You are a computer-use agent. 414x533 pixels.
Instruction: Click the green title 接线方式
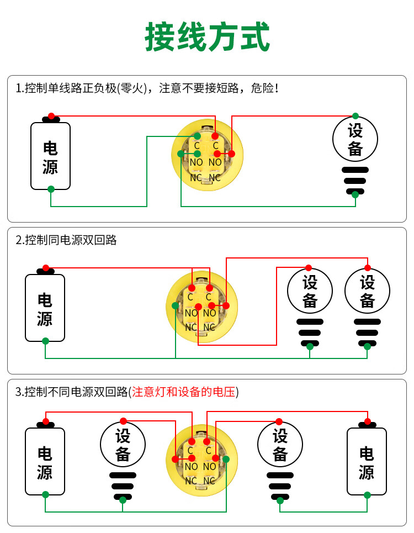point(207,37)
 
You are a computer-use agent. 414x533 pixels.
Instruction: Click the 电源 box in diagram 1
point(50,156)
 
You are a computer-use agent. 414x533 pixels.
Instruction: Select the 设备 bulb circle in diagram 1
point(355,140)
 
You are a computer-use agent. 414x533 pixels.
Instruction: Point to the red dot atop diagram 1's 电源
point(51,116)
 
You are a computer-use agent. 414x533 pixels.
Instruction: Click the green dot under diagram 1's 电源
point(51,189)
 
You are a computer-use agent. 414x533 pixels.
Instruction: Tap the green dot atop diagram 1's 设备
point(355,116)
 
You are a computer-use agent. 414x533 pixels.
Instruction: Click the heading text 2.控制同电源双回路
point(66,240)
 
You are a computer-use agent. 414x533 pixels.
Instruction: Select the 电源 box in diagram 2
point(45,308)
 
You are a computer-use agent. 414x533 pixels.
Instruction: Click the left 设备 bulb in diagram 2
point(310,291)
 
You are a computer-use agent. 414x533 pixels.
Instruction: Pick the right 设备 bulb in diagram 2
point(367,291)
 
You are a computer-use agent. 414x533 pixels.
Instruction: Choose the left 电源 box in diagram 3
point(45,461)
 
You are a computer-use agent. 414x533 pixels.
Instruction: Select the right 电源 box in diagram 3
point(367,461)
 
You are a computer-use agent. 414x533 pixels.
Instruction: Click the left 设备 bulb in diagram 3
point(123,445)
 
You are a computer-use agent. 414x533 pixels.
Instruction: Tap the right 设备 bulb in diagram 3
point(280,445)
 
